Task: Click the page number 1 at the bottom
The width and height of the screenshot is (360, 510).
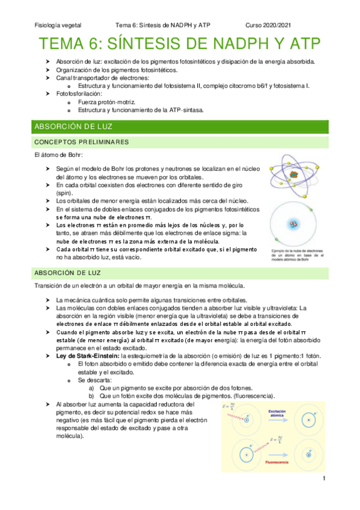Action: coord(323,479)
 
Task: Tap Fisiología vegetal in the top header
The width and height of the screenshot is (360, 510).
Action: coord(58,25)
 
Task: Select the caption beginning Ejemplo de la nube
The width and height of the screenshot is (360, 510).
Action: coord(297,256)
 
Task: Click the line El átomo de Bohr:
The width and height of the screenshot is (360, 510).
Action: coord(59,156)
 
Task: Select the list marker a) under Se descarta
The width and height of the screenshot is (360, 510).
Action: coord(91,388)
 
